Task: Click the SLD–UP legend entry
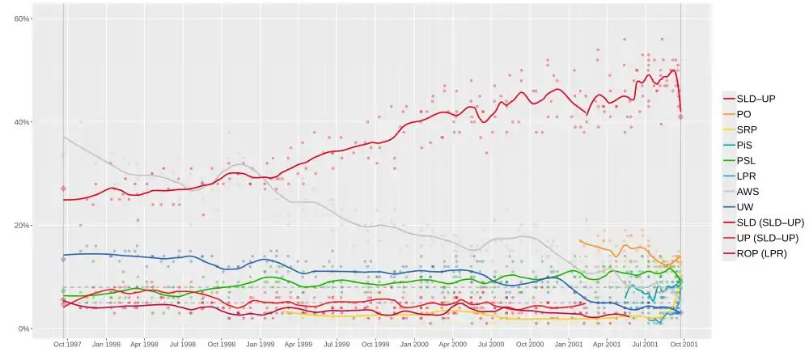(756, 99)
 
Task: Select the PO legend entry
(743, 114)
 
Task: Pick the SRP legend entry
(747, 129)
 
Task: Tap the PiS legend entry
(745, 145)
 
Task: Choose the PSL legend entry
(747, 160)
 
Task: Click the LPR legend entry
(747, 176)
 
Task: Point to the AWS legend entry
(748, 192)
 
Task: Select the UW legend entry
(745, 207)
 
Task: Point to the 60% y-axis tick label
(22, 19)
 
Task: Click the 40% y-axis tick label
(22, 122)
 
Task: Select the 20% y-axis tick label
(22, 226)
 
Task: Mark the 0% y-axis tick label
(24, 329)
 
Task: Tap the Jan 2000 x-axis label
(414, 344)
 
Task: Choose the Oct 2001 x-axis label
(684, 344)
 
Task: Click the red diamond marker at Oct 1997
(63, 188)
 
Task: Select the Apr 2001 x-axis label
(608, 344)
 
